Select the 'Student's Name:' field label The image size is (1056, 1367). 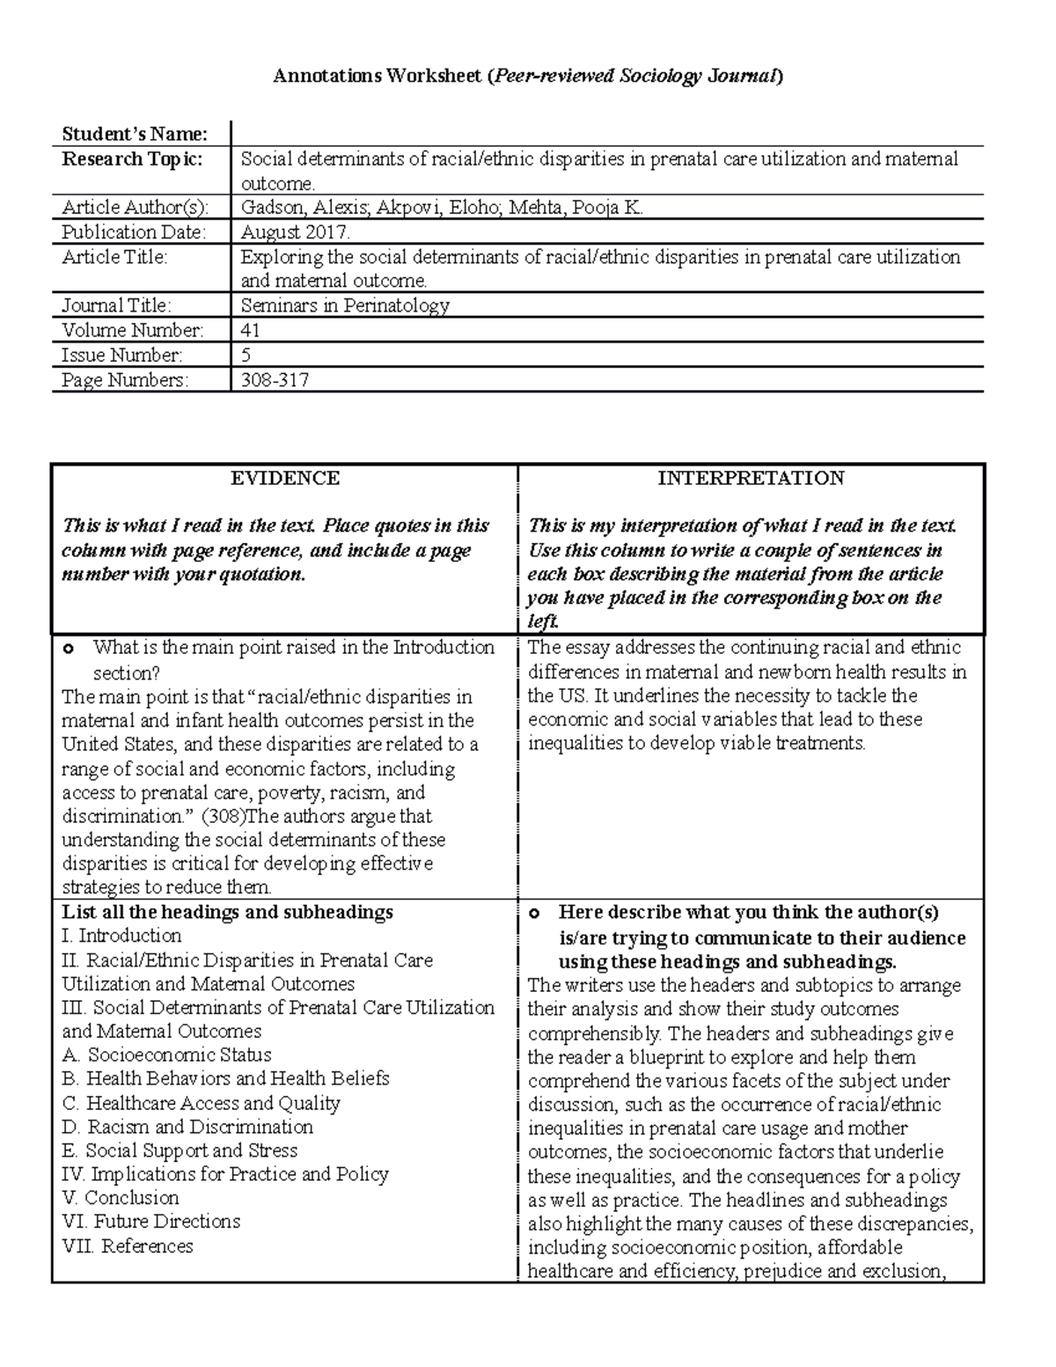134,135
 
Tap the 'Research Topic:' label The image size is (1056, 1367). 131,159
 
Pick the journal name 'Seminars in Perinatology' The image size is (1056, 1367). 345,305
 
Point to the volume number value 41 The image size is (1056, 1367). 250,330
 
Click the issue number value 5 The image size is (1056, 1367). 246,355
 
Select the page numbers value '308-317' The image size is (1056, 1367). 275,379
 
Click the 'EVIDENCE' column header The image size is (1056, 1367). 284,478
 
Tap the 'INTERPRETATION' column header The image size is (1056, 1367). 751,478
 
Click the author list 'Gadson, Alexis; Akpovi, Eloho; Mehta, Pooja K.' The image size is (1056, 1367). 442,208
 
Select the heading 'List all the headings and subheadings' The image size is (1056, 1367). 227,912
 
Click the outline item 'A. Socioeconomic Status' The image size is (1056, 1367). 166,1055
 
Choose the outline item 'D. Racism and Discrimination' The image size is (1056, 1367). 187,1127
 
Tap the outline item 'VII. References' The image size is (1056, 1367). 128,1246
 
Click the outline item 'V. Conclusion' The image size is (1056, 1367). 121,1198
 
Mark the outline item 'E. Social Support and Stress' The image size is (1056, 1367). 180,1150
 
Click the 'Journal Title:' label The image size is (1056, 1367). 116,305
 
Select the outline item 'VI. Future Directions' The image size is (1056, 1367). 150,1222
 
